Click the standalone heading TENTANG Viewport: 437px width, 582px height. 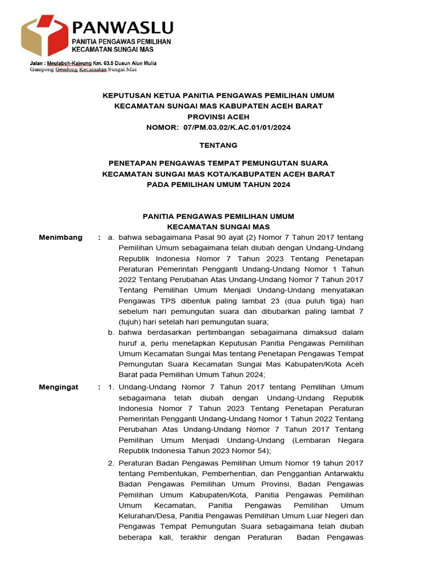click(218, 145)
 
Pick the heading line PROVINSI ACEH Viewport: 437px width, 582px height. click(218, 117)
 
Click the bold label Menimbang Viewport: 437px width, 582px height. click(60, 237)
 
